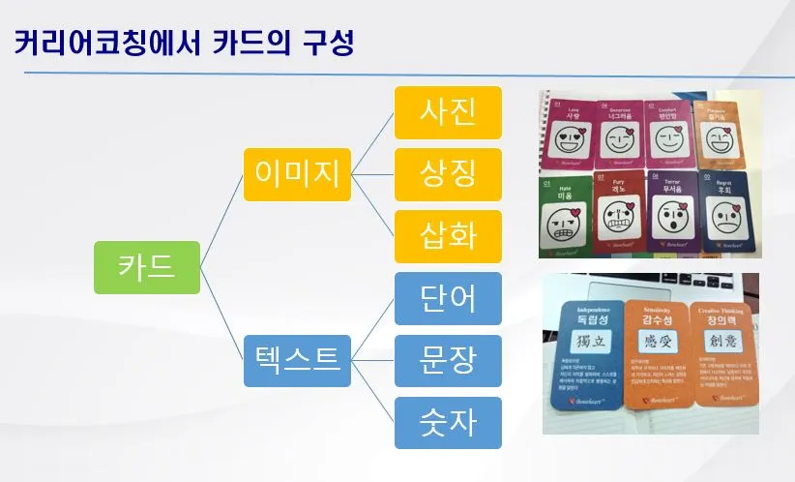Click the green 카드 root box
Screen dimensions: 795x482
[x=146, y=266]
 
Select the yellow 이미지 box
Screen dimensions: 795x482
[x=296, y=173]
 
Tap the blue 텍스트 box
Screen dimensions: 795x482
[x=296, y=359]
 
